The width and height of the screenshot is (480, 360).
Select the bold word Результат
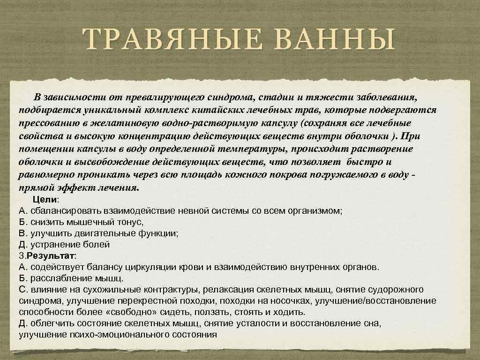[50, 256]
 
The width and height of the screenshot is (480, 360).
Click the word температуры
[253, 149]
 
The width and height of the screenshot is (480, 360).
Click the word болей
[97, 245]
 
